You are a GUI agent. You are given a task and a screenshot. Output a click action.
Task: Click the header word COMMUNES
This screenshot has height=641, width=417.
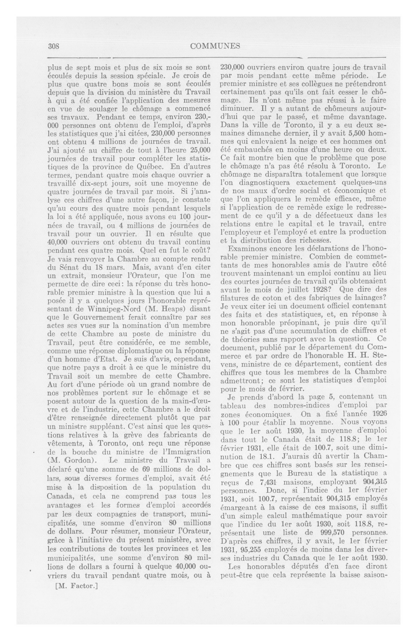point(215,46)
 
